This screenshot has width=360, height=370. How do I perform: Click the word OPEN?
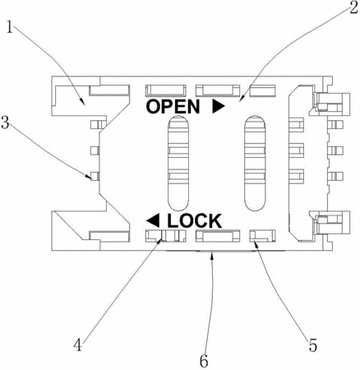(x=173, y=107)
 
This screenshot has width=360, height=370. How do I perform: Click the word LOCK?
(x=195, y=221)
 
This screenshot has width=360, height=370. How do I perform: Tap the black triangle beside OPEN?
(x=219, y=107)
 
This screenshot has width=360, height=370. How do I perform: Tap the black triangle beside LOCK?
(x=153, y=220)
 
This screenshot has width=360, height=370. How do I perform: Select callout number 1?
(x=10, y=27)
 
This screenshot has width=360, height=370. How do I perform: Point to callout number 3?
(x=5, y=123)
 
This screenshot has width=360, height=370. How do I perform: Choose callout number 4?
(x=78, y=345)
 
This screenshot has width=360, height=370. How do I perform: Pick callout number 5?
(x=313, y=345)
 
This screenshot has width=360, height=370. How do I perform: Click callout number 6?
(x=204, y=362)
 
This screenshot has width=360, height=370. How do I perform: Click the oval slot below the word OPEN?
(x=178, y=164)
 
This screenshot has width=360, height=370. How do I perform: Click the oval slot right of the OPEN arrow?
(x=256, y=164)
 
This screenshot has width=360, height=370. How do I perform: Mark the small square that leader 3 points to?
(x=95, y=176)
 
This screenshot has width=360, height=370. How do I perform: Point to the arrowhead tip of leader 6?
(x=211, y=252)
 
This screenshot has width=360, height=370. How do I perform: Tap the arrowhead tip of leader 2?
(x=239, y=102)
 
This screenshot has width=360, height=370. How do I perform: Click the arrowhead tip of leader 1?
(x=85, y=105)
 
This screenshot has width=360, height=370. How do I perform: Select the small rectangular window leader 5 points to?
(x=262, y=236)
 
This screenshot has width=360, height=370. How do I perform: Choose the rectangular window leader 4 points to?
(x=166, y=236)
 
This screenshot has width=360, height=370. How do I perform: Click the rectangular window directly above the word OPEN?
(x=166, y=90)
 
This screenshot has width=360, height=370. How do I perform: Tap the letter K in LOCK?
(x=215, y=221)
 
